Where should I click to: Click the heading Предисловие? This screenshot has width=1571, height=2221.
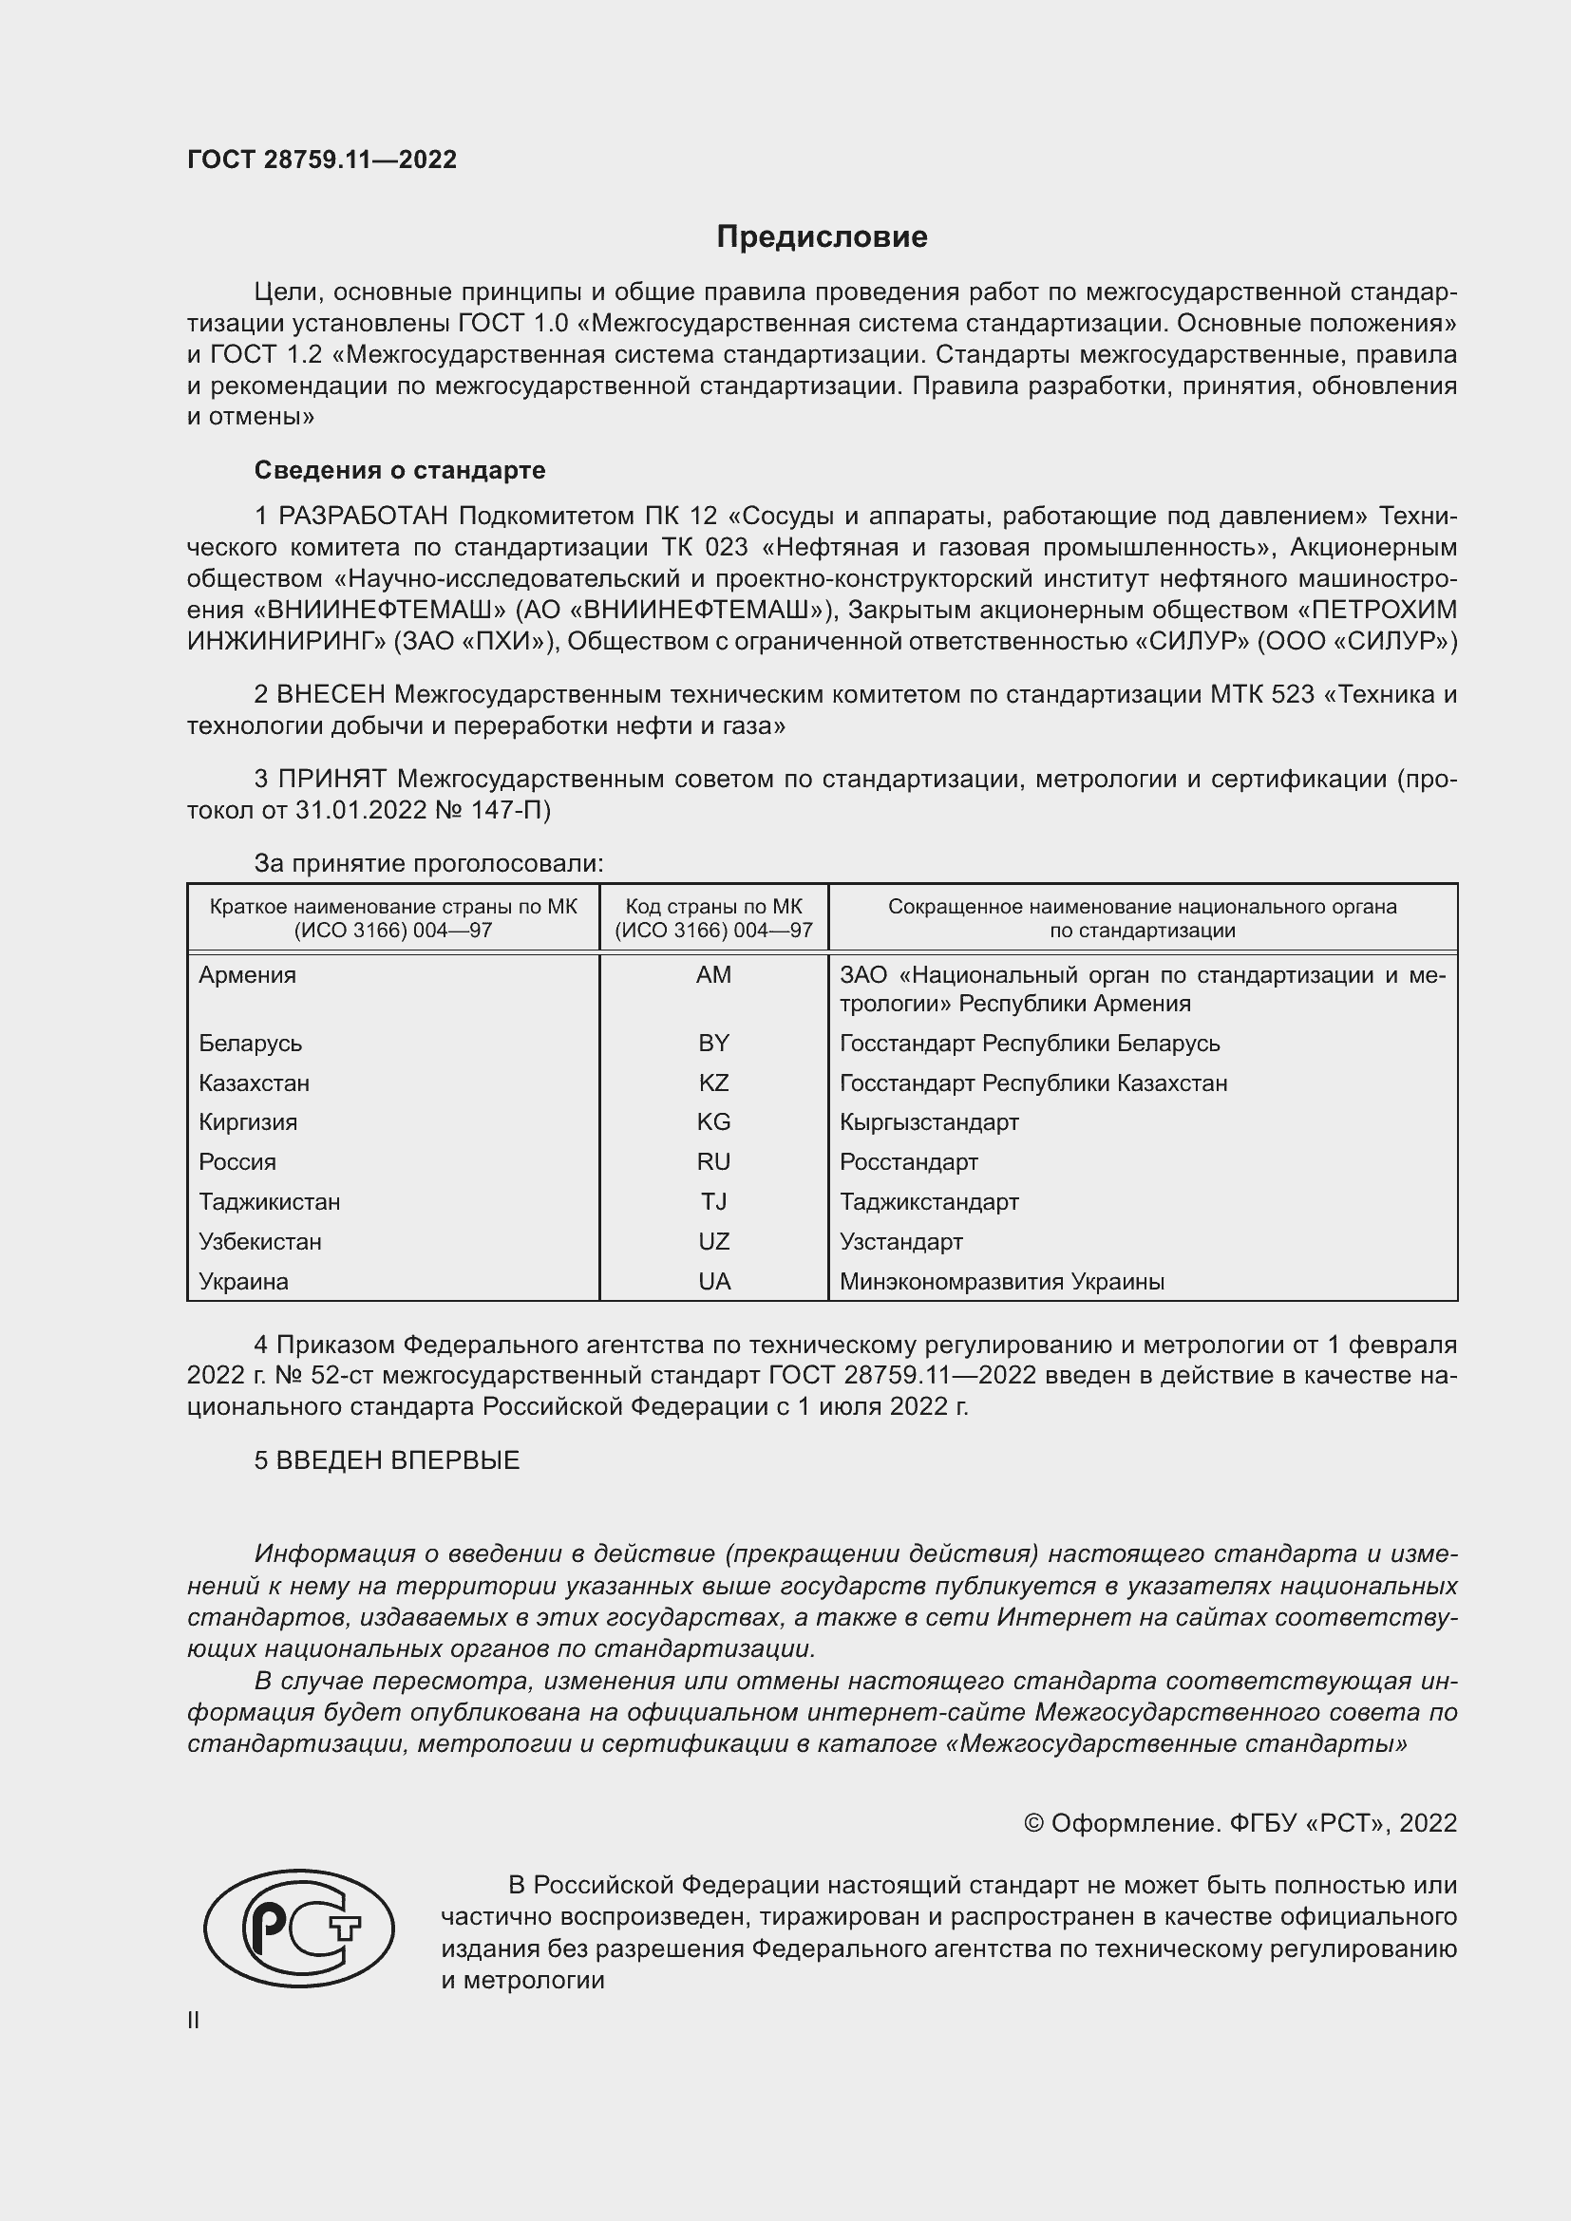pyautogui.click(x=822, y=237)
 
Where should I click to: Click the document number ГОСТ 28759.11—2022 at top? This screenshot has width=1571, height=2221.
pyautogui.click(x=321, y=160)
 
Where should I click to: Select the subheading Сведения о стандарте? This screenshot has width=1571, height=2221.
pyautogui.click(x=400, y=470)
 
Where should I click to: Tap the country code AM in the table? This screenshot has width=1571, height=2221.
pyautogui.click(x=713, y=975)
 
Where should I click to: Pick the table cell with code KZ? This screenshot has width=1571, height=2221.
pyautogui.click(x=713, y=1082)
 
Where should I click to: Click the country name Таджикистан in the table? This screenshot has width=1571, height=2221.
pyautogui.click(x=269, y=1201)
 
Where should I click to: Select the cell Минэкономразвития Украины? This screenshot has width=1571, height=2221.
pyautogui.click(x=1001, y=1282)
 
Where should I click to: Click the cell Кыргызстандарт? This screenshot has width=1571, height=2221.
pyautogui.click(x=929, y=1122)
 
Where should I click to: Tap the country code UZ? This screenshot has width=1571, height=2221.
pyautogui.click(x=713, y=1241)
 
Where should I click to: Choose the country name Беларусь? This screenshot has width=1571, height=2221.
pyautogui.click(x=251, y=1043)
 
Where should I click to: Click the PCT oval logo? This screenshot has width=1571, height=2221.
pyautogui.click(x=299, y=1928)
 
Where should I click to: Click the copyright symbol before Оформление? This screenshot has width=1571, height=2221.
pyautogui.click(x=1033, y=1823)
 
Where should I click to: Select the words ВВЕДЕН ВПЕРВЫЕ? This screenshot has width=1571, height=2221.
pyautogui.click(x=398, y=1460)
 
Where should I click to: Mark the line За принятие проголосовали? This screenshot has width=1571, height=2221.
pyautogui.click(x=428, y=863)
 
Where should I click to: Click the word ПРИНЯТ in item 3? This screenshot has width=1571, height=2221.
pyautogui.click(x=332, y=779)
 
